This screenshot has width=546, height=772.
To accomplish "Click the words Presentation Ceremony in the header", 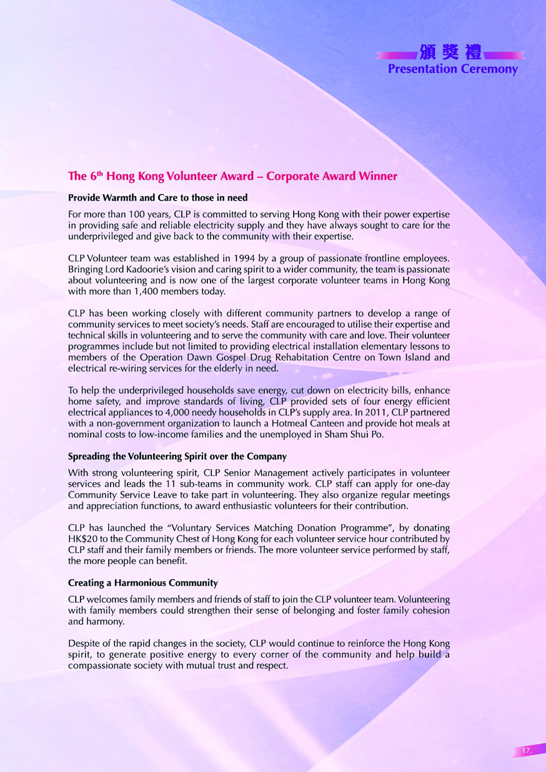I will [x=453, y=69].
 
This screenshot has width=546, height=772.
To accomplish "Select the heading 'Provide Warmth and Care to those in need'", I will [x=158, y=198].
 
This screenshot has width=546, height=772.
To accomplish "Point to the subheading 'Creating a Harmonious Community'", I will [x=143, y=583].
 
